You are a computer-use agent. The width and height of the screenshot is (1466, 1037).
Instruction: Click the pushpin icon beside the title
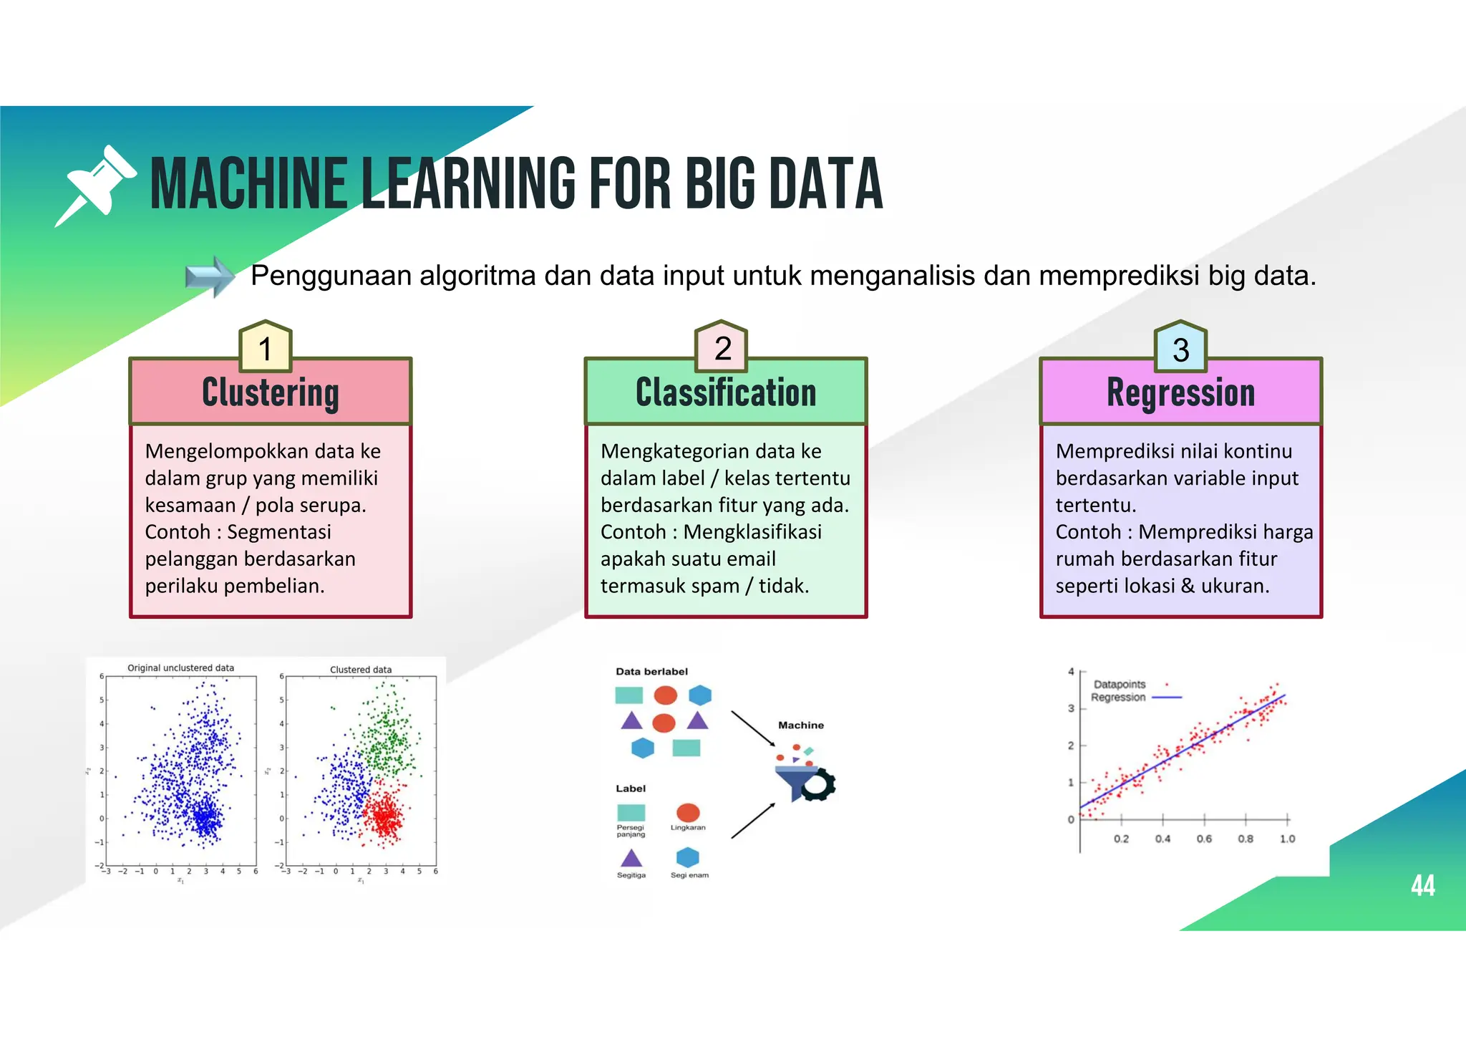coord(96,185)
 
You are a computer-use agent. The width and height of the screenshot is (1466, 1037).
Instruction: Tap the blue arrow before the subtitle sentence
coord(209,276)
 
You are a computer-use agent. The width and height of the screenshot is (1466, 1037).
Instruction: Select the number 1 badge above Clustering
coord(266,348)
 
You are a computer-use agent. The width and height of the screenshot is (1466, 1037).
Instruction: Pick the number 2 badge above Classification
coord(722,348)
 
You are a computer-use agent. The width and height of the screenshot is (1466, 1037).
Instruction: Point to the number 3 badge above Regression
coord(1180,349)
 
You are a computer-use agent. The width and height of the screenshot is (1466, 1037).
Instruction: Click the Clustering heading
coord(271,392)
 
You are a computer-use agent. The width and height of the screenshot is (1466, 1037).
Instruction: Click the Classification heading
coord(726,392)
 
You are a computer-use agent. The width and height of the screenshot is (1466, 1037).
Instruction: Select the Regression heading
coord(1180,392)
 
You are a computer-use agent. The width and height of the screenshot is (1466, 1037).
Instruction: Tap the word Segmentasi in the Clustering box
coord(279,532)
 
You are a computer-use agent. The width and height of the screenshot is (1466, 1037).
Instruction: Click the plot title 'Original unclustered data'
coord(180,667)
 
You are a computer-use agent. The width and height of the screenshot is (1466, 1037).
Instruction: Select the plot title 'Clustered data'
coord(361,670)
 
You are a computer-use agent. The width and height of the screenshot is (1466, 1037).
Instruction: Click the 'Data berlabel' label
coord(651,672)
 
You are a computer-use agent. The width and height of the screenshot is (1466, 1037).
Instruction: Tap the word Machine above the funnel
coord(801,725)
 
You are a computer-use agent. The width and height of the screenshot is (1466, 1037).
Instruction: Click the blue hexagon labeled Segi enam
coord(687,857)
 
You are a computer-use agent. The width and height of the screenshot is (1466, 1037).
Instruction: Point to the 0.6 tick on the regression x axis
coord(1204,839)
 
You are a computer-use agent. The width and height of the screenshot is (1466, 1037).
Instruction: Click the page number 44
coord(1422,886)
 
